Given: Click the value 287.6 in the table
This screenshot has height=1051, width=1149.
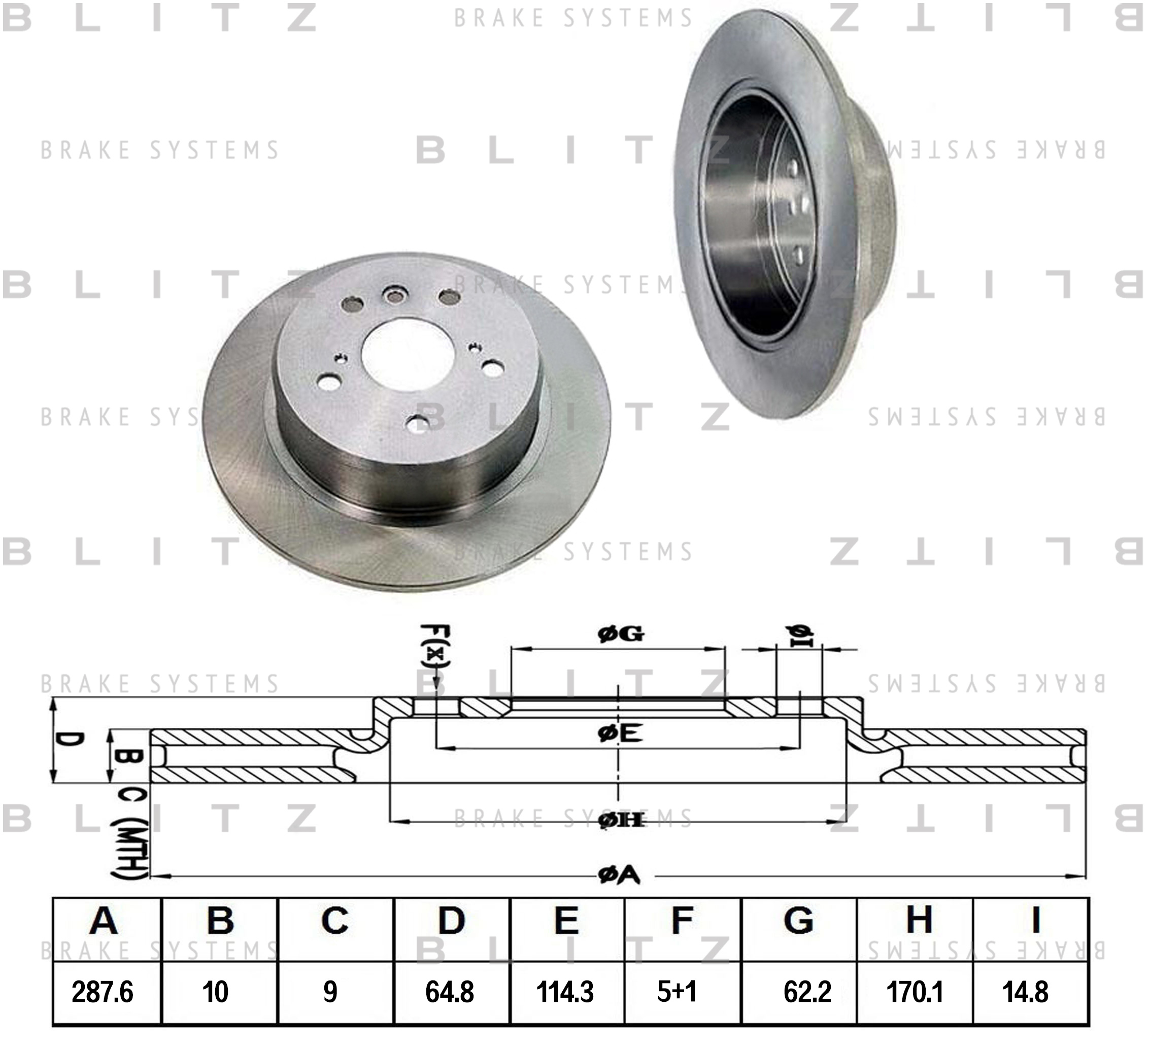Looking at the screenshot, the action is (103, 992).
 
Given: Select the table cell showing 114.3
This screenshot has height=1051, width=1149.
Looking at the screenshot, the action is (565, 992).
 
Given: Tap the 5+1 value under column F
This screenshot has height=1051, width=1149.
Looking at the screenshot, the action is (677, 992).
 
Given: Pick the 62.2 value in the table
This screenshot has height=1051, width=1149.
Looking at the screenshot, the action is (807, 992).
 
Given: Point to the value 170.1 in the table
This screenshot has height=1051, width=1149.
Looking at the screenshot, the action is (915, 992).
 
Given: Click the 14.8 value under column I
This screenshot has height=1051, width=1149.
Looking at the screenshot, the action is (1025, 992).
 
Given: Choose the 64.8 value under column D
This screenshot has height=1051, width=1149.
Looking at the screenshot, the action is (450, 992).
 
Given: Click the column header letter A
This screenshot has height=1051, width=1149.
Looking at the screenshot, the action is (103, 921).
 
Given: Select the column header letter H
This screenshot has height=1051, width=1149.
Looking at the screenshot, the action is (919, 921).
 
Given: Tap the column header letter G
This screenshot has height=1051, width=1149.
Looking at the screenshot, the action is (798, 921).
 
